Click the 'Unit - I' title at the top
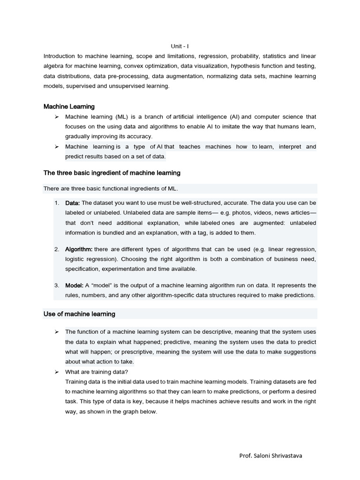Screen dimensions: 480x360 180,46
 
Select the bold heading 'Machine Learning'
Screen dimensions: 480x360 69,106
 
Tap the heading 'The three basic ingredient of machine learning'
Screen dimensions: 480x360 112,173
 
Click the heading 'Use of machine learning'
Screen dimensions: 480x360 79,314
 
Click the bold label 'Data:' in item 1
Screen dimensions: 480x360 73,203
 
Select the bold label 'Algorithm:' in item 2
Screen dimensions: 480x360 79,249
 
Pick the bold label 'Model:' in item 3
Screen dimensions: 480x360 75,285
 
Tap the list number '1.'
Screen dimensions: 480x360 57,203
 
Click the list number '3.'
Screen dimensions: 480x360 57,285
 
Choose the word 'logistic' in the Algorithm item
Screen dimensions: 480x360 76,259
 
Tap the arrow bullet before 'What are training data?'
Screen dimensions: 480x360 56,372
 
